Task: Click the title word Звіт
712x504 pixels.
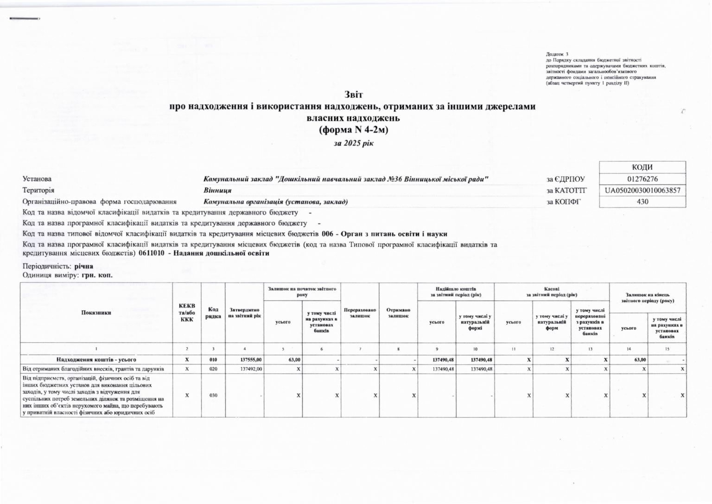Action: coord(354,95)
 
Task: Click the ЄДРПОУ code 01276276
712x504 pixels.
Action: coord(642,179)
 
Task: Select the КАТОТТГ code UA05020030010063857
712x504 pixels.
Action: coord(642,191)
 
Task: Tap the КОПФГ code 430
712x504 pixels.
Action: coord(642,202)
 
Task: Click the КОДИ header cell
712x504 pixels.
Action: coord(642,167)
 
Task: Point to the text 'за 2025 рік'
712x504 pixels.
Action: coord(354,143)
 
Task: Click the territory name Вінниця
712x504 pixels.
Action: coord(217,191)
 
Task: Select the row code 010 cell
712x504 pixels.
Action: coord(213,360)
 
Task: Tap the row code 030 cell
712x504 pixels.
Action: coord(213,396)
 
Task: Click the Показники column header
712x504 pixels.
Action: coord(96,313)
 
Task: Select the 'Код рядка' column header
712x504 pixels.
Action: coord(213,313)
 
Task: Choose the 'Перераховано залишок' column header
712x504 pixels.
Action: coord(360,313)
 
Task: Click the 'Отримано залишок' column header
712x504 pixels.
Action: coord(398,313)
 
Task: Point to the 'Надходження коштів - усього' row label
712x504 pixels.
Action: coord(96,360)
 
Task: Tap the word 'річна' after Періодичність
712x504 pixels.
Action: coord(83,267)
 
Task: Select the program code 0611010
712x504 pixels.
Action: coord(151,254)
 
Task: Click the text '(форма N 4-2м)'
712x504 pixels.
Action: coord(354,130)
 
